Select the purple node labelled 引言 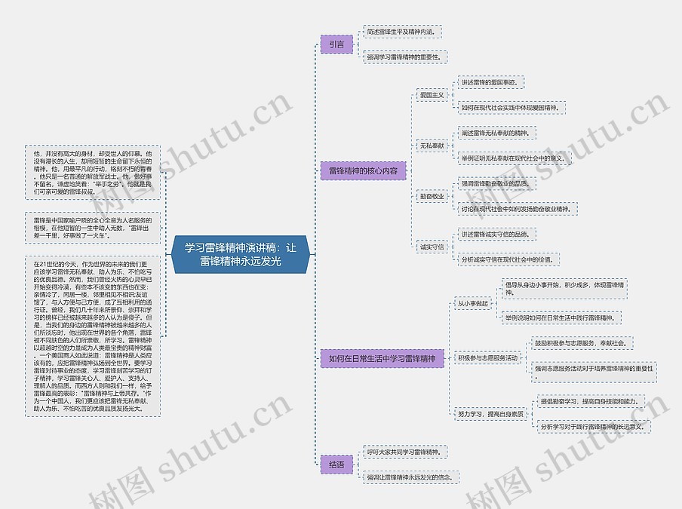(336, 44)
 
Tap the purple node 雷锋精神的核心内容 (363, 171)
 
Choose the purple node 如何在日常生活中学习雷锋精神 (382, 359)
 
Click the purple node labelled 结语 (336, 465)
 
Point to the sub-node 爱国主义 (432, 95)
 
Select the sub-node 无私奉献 (432, 145)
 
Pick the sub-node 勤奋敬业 (432, 196)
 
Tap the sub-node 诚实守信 (432, 247)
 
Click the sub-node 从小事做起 (473, 304)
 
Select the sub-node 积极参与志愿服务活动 (487, 358)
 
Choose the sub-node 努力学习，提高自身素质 (490, 414)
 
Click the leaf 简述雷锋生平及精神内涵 (401, 32)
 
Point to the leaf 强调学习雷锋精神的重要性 (404, 57)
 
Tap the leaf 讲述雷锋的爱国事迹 (489, 82)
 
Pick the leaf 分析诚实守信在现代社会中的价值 (511, 259)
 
